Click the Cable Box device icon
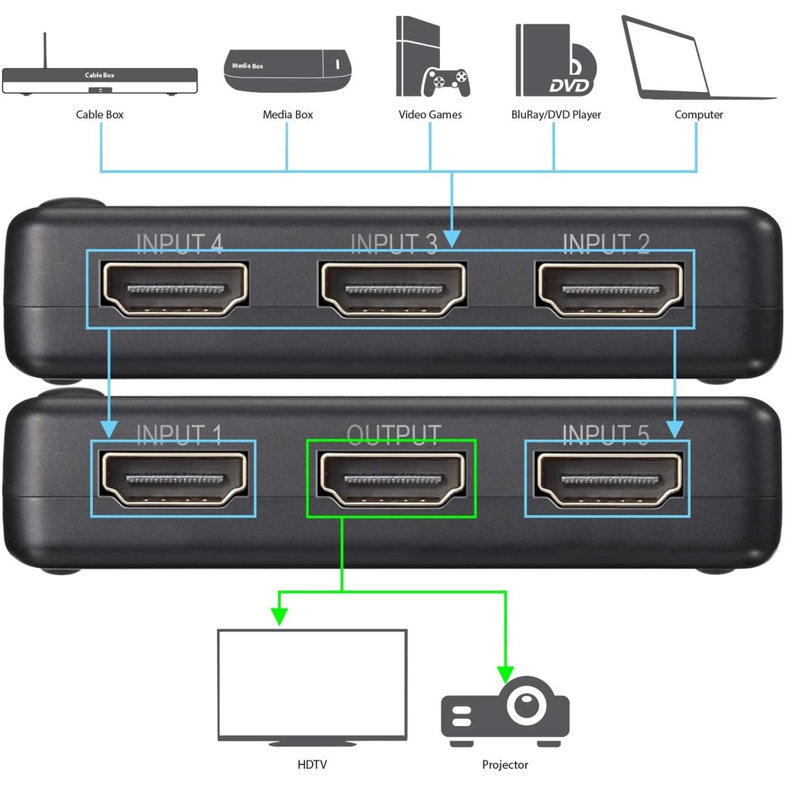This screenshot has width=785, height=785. coord(100,80)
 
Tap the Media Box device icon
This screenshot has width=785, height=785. coord(287,71)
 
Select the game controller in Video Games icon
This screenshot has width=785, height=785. coord(448,82)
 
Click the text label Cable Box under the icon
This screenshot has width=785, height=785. coord(100,115)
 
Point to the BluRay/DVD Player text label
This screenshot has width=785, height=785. coord(556,115)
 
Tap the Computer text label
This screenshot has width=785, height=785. coord(698,115)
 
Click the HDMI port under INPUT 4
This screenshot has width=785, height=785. coord(175,289)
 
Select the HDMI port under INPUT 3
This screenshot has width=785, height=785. coord(393,289)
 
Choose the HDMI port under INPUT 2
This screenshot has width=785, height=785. coord(610,289)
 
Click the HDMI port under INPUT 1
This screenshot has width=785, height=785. coord(175,478)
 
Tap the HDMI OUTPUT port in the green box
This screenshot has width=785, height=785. coord(393,478)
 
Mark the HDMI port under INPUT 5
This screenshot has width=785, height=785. coord(610,478)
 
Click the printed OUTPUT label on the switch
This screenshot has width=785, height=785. coord(394,435)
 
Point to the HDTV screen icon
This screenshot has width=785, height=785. coord(312,684)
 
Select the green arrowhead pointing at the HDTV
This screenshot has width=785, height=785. coord(279,616)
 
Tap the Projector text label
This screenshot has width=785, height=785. coord(505,764)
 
